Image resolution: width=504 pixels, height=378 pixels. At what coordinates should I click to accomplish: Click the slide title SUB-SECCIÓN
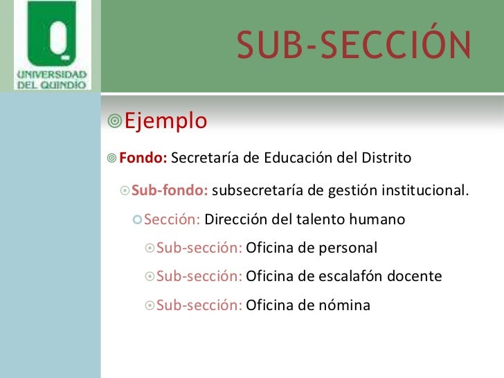(x=353, y=46)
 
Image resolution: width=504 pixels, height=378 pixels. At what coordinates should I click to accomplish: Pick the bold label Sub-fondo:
(x=169, y=190)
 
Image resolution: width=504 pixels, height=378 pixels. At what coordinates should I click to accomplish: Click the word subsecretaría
(x=255, y=190)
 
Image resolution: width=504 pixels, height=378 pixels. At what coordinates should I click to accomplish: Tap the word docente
(x=415, y=276)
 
